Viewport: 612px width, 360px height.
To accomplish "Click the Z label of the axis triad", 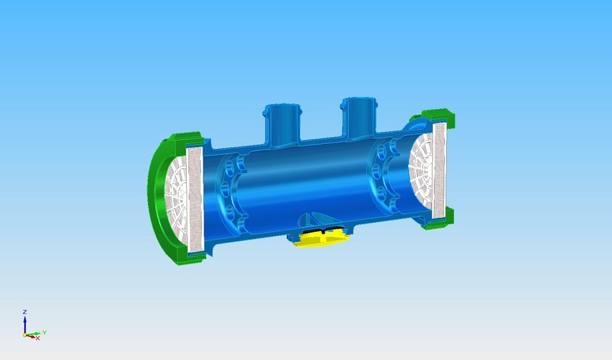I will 24,312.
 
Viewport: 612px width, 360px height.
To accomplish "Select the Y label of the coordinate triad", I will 44,332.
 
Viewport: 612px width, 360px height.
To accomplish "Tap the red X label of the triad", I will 38,338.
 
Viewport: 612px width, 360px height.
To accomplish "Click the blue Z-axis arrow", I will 24,324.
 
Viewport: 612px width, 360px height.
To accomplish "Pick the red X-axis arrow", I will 31,336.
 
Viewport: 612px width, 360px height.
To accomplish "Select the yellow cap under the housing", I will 322,239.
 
